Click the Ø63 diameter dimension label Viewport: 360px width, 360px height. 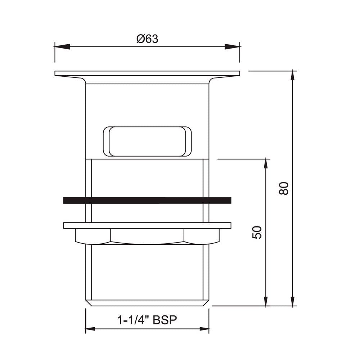pyautogui.click(x=147, y=39)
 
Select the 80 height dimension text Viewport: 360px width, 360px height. pyautogui.click(x=284, y=188)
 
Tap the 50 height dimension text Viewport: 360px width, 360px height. pyautogui.click(x=257, y=232)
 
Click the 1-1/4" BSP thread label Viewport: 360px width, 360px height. pyautogui.click(x=147, y=320)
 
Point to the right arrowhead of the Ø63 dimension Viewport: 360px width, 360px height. pyautogui.click(x=232, y=47)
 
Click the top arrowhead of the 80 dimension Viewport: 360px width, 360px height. pyautogui.click(x=293, y=77)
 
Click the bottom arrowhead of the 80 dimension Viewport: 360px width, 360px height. pyautogui.click(x=293, y=300)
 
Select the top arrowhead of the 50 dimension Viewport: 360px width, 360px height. pyautogui.click(x=266, y=164)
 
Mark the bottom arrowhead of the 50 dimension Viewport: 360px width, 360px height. pyautogui.click(x=266, y=300)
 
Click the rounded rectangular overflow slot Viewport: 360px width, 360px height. pyautogui.click(x=147, y=141)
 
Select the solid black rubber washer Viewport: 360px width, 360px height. pyautogui.click(x=147, y=201)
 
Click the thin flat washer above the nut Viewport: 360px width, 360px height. pyautogui.click(x=147, y=225)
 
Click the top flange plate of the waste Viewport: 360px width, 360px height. pyautogui.click(x=147, y=73)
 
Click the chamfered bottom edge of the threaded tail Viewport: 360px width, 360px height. pyautogui.click(x=147, y=303)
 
